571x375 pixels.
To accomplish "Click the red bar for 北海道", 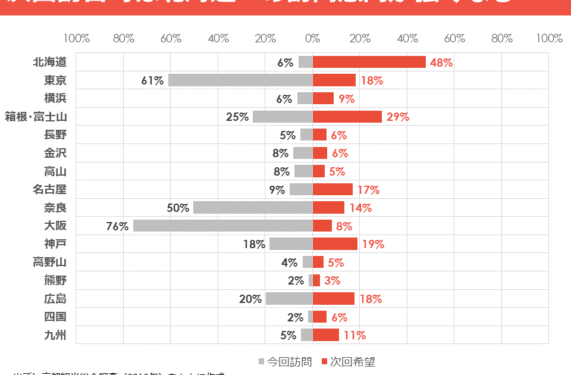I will point(369,62).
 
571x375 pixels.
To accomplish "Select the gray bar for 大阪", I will point(223,226).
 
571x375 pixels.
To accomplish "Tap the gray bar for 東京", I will point(240,80).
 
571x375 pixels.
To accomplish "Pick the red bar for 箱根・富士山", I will point(347,117).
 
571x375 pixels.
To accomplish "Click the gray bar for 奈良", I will point(253,208).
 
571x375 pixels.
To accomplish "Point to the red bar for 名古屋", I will point(332,189).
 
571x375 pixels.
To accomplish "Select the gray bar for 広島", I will point(289,299).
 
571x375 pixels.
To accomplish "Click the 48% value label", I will point(441,62).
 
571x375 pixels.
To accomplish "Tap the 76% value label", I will point(117,226).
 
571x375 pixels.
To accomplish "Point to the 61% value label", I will point(152,80).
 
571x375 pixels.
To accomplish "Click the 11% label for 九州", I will point(354,335).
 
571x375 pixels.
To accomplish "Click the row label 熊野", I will point(55,280).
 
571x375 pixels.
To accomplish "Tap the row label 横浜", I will point(55,98).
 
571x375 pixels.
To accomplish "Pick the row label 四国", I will point(55,317).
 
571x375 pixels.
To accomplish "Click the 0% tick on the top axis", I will point(313,39).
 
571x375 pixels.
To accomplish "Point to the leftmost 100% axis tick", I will point(77,39).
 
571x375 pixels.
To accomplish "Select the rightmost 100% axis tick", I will point(548,39).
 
